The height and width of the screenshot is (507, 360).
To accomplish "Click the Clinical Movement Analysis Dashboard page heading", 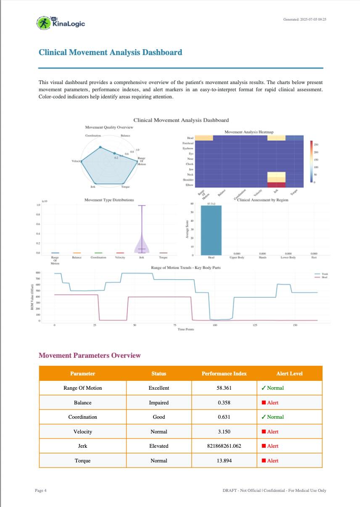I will click(110, 53).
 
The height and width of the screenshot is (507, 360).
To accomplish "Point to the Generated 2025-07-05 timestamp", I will click(305, 19).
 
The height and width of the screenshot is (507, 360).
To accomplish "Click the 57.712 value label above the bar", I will click(211, 203).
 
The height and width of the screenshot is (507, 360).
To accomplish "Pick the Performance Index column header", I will click(224, 373).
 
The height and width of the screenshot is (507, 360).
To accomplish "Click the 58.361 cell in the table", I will click(224, 388).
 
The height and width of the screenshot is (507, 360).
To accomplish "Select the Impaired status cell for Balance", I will click(159, 403).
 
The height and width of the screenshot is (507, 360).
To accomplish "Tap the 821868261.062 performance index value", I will click(224, 446).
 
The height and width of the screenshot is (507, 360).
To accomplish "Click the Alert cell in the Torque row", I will click(270, 461).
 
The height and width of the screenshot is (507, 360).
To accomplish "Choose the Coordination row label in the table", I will click(83, 417).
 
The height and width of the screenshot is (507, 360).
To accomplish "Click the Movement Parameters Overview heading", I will click(90, 356).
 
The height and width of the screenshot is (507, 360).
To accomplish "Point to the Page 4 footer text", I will click(41, 491).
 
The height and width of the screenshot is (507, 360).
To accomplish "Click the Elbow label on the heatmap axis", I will click(190, 185).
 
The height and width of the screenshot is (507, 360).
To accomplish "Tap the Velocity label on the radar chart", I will click(76, 161).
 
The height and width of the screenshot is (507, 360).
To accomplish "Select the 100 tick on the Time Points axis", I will click(215, 325).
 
